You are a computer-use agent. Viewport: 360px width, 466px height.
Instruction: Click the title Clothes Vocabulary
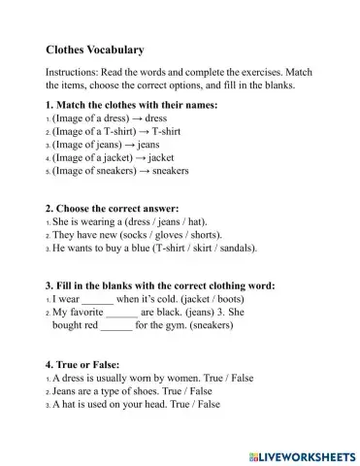95,50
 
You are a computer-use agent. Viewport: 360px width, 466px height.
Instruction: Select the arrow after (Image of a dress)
135,116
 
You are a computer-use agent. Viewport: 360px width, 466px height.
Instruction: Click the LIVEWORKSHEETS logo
302,454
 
